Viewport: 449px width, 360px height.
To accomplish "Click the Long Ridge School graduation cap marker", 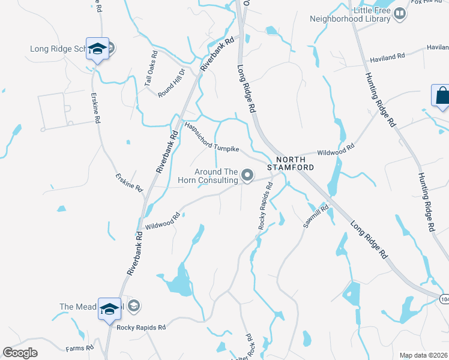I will coord(97,49).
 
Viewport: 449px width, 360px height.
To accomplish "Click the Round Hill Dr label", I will coord(173,88).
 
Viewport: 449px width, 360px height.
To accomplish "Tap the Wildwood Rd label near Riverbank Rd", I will coord(163,221).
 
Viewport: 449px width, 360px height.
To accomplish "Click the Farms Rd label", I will coord(80,348).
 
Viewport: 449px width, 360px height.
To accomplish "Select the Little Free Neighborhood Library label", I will coord(350,14).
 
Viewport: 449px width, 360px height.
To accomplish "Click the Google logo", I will coord(20,353).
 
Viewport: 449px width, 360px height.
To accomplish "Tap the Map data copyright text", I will coord(424,355).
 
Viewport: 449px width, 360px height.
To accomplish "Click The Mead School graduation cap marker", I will coord(109,309).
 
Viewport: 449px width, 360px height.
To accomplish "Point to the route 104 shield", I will coord(444,298).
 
